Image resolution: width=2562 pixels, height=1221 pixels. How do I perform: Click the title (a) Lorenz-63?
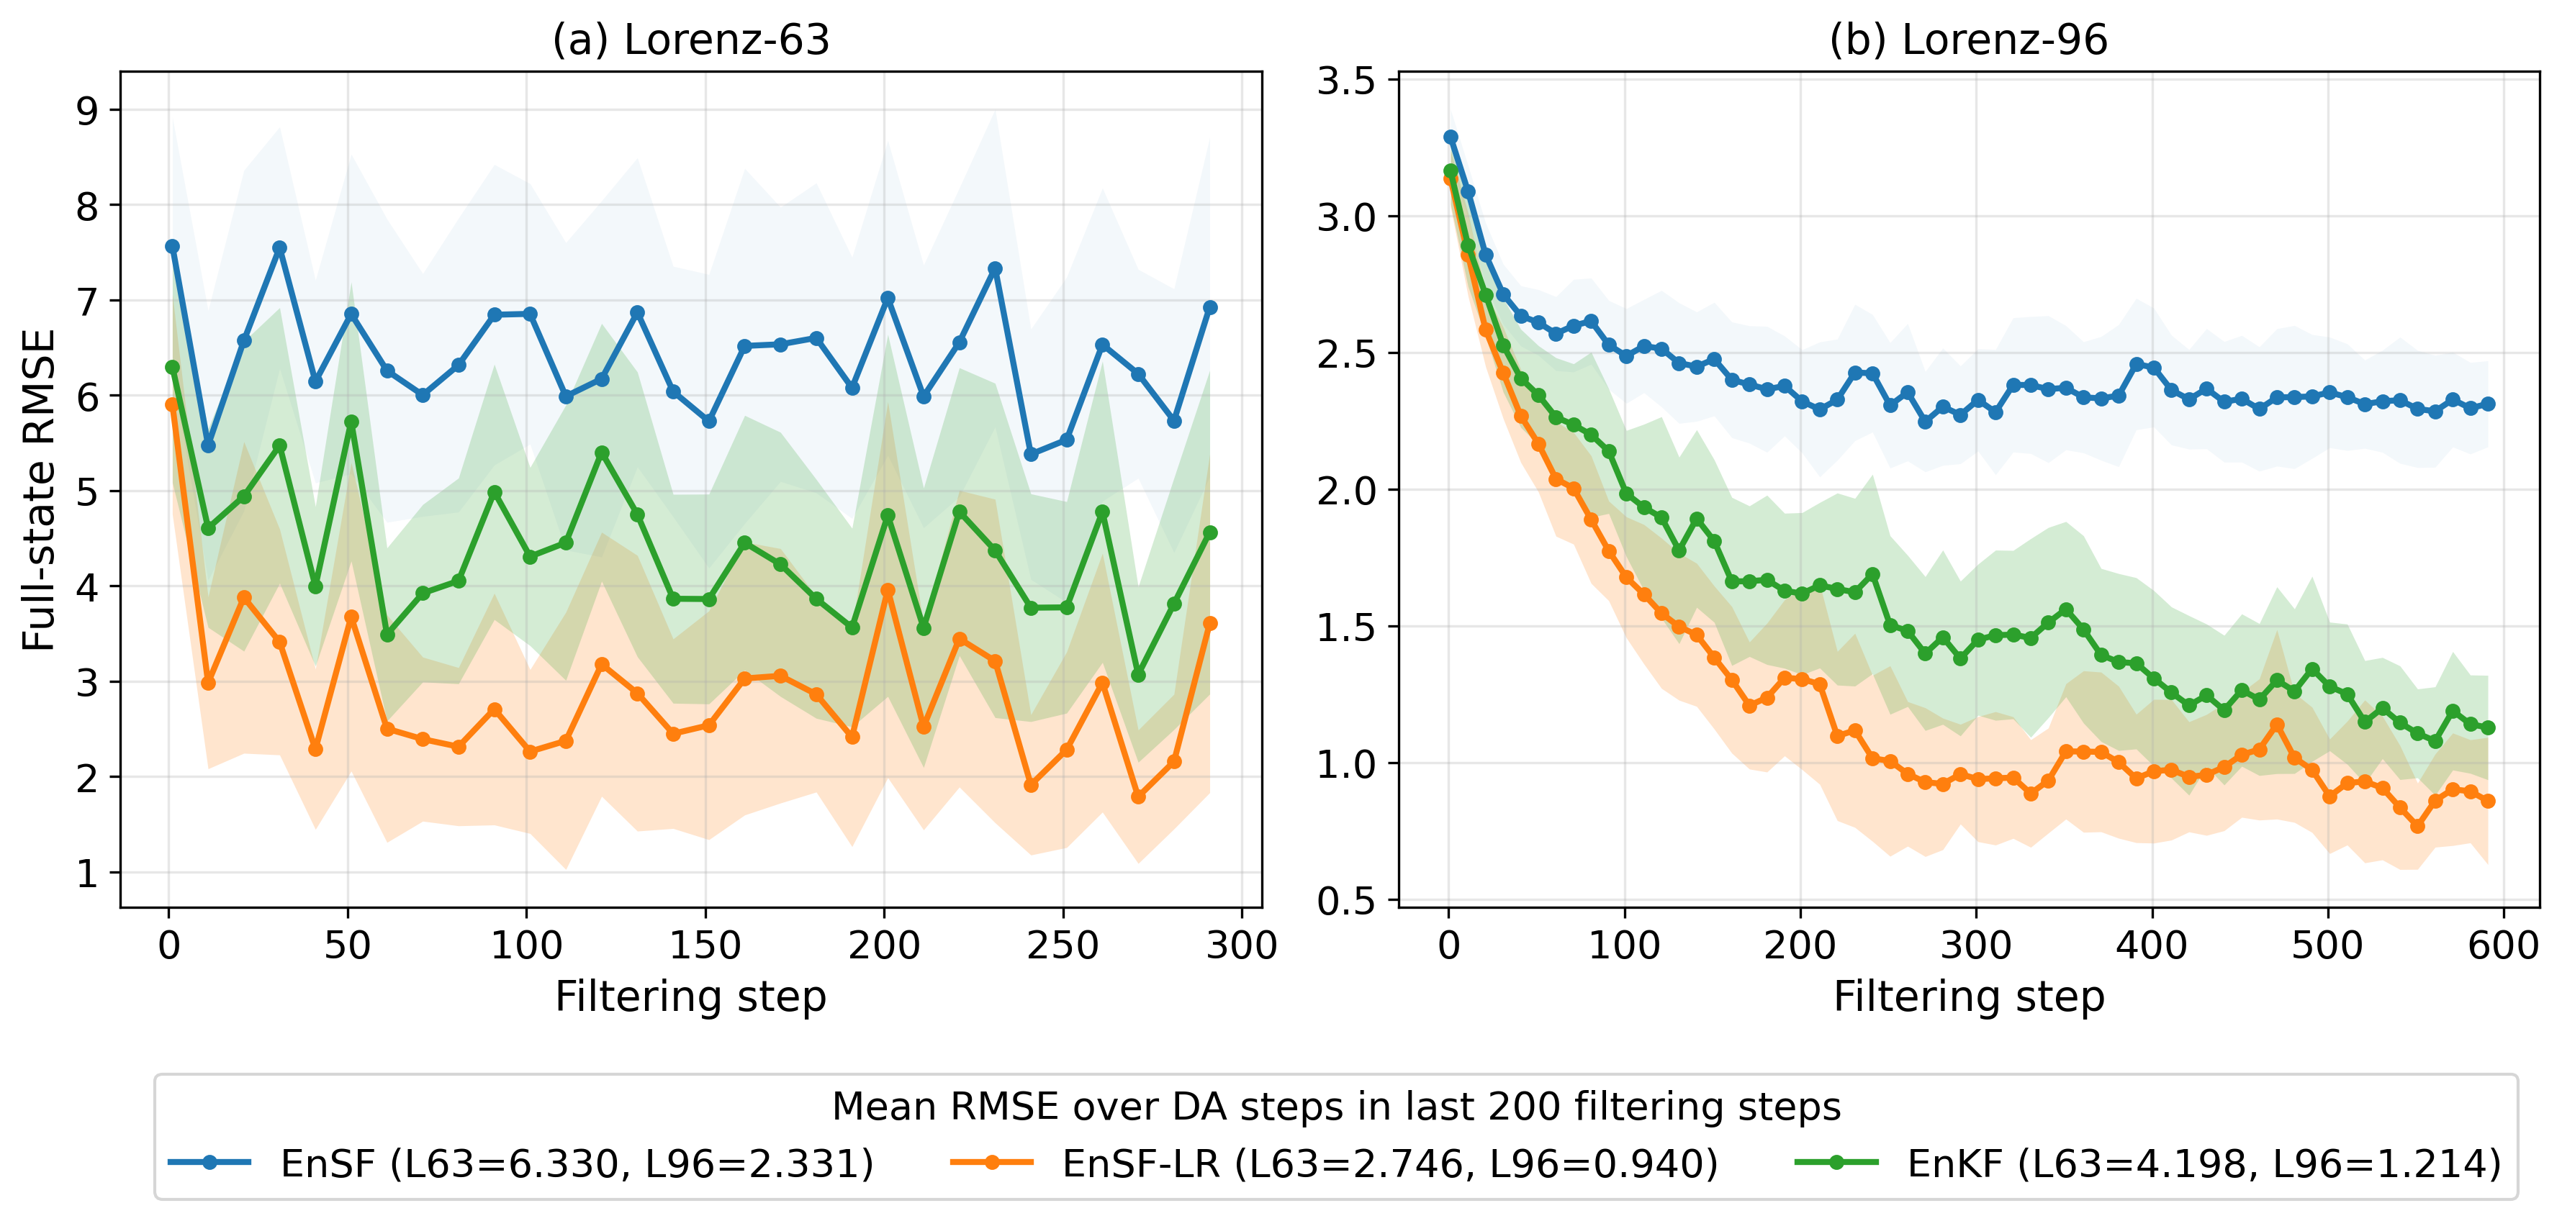690,40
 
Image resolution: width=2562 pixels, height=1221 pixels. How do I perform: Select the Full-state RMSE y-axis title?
39,490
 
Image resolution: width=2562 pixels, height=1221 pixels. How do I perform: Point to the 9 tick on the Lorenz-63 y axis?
89,110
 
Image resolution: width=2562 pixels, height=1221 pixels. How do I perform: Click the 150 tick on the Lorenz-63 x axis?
705,945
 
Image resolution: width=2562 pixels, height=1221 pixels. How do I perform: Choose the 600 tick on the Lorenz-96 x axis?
2503,945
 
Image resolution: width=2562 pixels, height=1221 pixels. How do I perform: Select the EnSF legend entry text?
577,1163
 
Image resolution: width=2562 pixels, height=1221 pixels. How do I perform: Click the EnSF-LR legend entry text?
1389,1163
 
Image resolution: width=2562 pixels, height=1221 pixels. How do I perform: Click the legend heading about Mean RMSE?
1335,1107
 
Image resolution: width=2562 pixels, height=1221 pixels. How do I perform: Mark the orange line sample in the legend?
991,1162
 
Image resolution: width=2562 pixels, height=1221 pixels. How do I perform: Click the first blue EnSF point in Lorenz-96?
1450,137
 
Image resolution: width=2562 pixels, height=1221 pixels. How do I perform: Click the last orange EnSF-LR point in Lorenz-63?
1210,623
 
